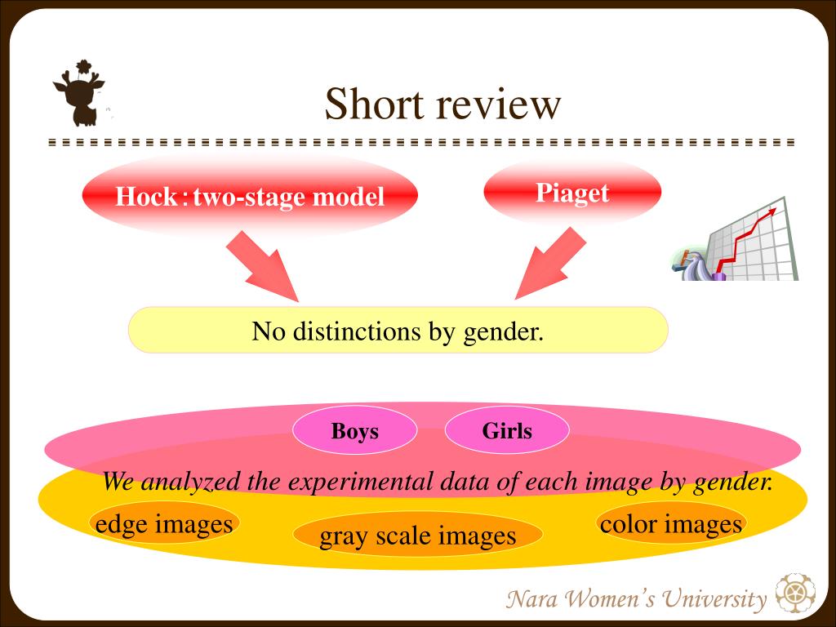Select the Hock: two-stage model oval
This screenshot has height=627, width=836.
[250, 196]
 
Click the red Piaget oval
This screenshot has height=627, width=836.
[572, 193]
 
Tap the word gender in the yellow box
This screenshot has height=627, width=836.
[503, 332]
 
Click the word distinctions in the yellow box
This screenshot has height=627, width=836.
[358, 331]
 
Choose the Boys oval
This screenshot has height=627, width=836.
[354, 430]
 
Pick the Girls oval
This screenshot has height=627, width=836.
[507, 430]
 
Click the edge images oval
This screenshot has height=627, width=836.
[164, 523]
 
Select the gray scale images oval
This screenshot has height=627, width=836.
[418, 536]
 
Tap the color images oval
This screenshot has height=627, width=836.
[671, 523]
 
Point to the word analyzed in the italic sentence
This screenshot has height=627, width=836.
[190, 482]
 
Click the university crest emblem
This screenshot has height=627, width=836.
[795, 593]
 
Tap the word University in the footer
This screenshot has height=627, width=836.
[714, 599]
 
